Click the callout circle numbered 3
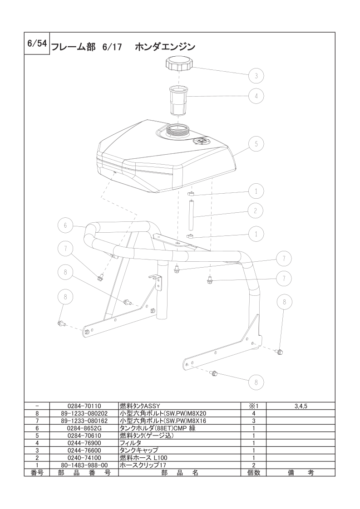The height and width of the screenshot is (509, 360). point(256,76)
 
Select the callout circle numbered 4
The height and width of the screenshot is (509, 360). point(256,96)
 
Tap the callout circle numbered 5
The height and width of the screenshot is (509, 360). point(256,144)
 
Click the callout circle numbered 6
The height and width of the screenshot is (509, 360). point(65,225)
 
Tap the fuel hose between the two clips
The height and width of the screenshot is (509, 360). point(191,215)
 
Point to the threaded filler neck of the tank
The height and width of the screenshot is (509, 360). point(178,130)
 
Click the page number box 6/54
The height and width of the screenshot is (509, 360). point(37,44)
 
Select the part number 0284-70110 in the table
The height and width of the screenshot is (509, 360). point(84,406)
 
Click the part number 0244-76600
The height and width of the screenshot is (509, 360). point(84,450)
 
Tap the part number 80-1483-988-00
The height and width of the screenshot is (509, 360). point(84,465)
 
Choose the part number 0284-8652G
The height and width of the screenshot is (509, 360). point(84,428)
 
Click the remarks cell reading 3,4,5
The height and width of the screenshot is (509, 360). point(301,406)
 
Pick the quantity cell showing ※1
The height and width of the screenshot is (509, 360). point(254,406)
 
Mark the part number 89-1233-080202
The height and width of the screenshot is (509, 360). point(84,414)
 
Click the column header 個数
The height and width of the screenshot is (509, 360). point(254,473)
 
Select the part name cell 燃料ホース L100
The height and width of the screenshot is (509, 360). point(143,458)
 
